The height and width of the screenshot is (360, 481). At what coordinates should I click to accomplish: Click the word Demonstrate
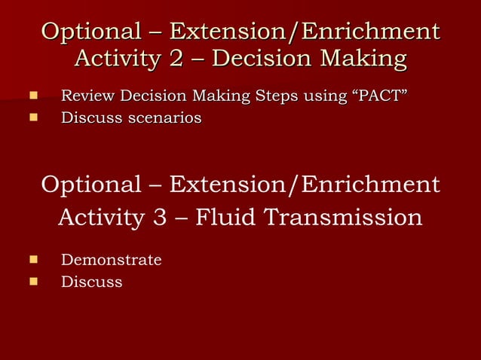coord(111,261)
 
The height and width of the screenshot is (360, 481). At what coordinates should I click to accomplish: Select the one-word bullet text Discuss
coord(91,282)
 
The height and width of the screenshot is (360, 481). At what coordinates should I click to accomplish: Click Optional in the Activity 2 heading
coord(90,32)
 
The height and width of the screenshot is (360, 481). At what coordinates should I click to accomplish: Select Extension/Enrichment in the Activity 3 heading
coord(305,185)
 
